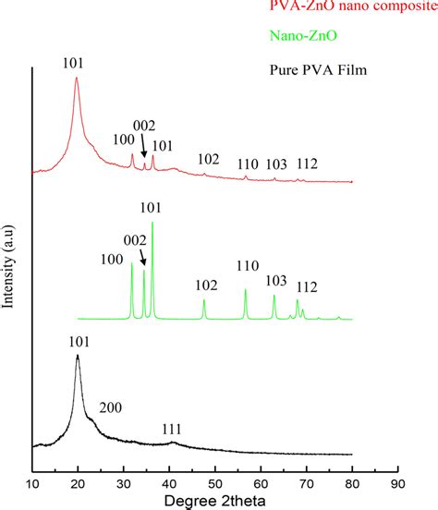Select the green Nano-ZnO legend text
[298, 38]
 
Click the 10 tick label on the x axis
[32, 481]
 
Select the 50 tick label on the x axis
[215, 481]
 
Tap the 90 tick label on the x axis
[397, 481]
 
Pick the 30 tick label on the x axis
[124, 481]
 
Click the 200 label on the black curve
[111, 406]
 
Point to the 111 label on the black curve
[172, 430]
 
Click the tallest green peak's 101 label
[151, 208]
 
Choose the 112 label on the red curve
[307, 164]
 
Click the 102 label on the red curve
[209, 159]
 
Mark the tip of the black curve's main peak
[78, 356]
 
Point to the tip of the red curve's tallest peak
[76, 79]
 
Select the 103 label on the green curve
[275, 280]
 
